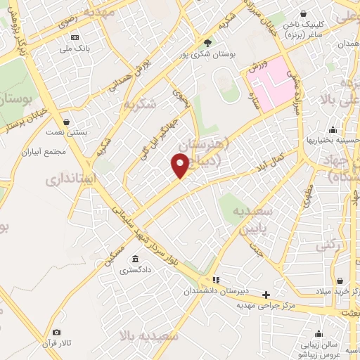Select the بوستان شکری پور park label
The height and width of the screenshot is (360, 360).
pyautogui.click(x=207, y=53)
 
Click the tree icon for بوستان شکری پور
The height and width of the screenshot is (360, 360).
pyautogui.click(x=207, y=42)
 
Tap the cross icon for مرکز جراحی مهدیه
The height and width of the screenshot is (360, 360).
pyautogui.click(x=266, y=295)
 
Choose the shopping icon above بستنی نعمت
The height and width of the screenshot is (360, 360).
pyautogui.click(x=65, y=121)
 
